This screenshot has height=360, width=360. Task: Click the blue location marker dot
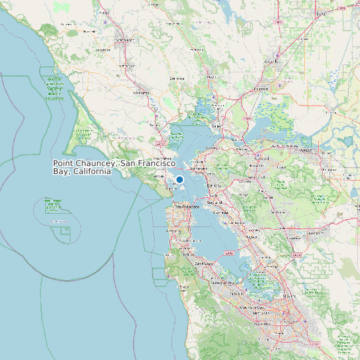click(179, 179)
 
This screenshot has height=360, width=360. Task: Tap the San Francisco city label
click(187, 207)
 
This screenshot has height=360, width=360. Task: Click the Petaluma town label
click(141, 92)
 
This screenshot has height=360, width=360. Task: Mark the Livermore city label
click(314, 233)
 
